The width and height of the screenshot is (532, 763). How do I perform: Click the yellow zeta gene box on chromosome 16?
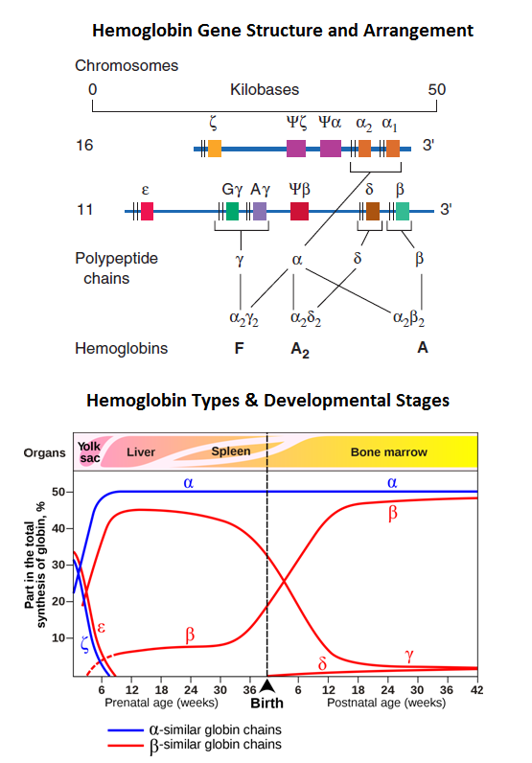pyautogui.click(x=215, y=148)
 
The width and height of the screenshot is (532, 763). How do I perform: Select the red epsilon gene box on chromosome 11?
pyautogui.click(x=147, y=211)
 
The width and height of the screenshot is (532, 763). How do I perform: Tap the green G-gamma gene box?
pyautogui.click(x=232, y=211)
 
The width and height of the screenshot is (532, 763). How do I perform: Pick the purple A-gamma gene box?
pyautogui.click(x=259, y=211)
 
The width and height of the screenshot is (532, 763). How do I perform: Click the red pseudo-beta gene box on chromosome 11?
pyautogui.click(x=299, y=211)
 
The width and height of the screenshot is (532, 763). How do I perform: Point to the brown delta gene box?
pyautogui.click(x=373, y=211)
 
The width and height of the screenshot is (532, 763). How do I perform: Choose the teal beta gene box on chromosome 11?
pyautogui.click(x=403, y=211)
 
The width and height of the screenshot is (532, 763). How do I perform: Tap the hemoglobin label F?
pyautogui.click(x=240, y=348)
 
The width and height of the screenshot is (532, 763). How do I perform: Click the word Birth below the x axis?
pyautogui.click(x=267, y=703)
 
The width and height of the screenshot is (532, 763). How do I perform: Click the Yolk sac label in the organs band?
pyautogui.click(x=89, y=451)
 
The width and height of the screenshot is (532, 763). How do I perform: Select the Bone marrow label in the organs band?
pyautogui.click(x=388, y=451)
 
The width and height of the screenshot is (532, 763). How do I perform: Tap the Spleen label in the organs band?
pyautogui.click(x=231, y=451)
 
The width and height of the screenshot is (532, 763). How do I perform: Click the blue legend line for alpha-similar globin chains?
pyautogui.click(x=126, y=729)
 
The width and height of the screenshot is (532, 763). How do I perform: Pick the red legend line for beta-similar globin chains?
pyautogui.click(x=126, y=744)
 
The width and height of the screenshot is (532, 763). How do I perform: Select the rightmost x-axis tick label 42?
pyautogui.click(x=476, y=689)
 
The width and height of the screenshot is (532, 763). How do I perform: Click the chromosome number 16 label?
pyautogui.click(x=84, y=148)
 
